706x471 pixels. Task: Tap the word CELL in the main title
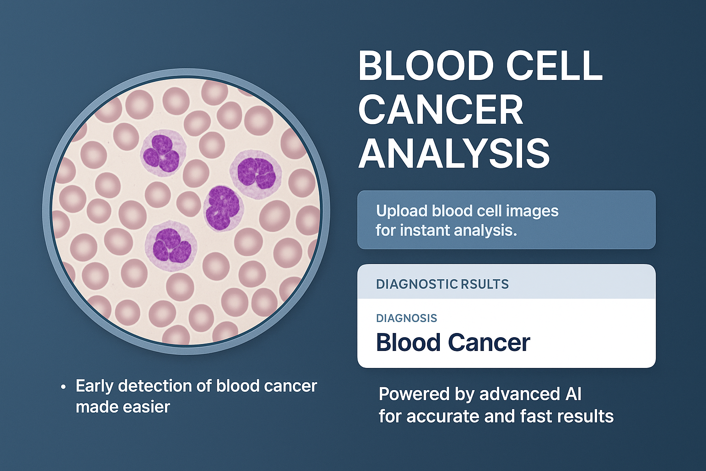(554, 67)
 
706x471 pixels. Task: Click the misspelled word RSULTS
(484, 284)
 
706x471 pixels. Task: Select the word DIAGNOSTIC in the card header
(417, 284)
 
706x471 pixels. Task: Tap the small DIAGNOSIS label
(407, 318)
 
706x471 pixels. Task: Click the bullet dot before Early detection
(63, 387)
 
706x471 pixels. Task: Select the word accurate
(443, 416)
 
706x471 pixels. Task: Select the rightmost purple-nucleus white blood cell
(256, 174)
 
